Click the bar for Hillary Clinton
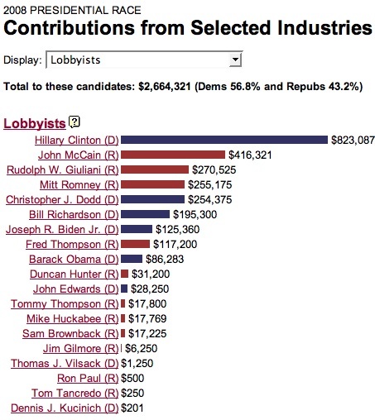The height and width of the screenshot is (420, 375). tap(224, 140)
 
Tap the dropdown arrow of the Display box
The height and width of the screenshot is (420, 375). tap(235, 60)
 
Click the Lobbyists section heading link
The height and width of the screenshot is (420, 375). tap(35, 123)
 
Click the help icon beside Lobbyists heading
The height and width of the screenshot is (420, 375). tap(75, 122)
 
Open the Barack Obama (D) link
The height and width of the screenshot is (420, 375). tap(74, 259)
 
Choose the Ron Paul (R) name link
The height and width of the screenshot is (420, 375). tap(89, 378)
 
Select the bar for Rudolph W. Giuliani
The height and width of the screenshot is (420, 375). tap(154, 169)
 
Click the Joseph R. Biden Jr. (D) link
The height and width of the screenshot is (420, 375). tap(63, 229)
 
